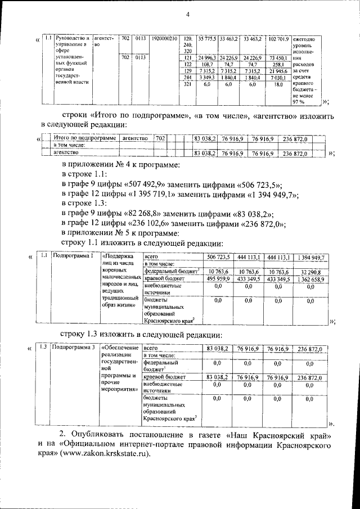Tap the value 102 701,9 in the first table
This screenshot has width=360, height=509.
pos(279,39)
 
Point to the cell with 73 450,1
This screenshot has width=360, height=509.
pos(279,58)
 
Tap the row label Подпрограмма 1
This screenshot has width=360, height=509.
pos(71,256)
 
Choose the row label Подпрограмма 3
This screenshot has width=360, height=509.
pos(71,349)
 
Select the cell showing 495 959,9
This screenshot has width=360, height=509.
pos(217,278)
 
